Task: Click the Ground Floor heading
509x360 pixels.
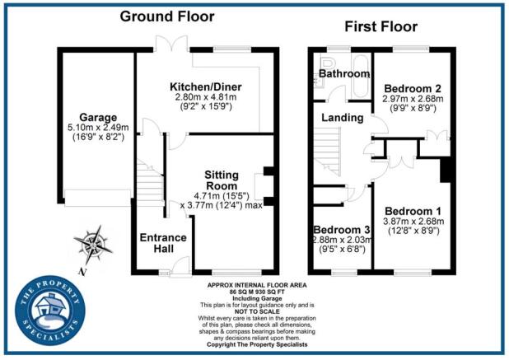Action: click(167, 16)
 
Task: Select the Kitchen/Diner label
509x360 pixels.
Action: click(203, 86)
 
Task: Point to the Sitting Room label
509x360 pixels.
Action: click(221, 180)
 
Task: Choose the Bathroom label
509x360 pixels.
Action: click(345, 74)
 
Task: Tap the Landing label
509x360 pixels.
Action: click(343, 118)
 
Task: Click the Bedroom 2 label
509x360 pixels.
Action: click(413, 88)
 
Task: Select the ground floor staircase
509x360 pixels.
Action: click(149, 181)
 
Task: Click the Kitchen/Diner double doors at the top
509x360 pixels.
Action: click(170, 45)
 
